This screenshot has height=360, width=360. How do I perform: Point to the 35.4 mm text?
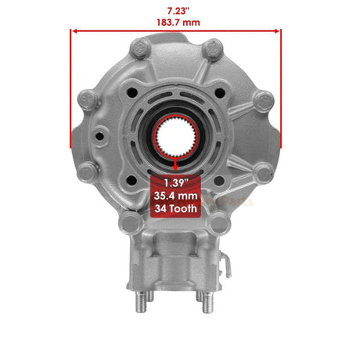coord(176,196)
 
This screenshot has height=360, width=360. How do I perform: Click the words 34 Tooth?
coord(176,209)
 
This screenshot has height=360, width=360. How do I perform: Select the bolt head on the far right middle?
coord(264,99)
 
